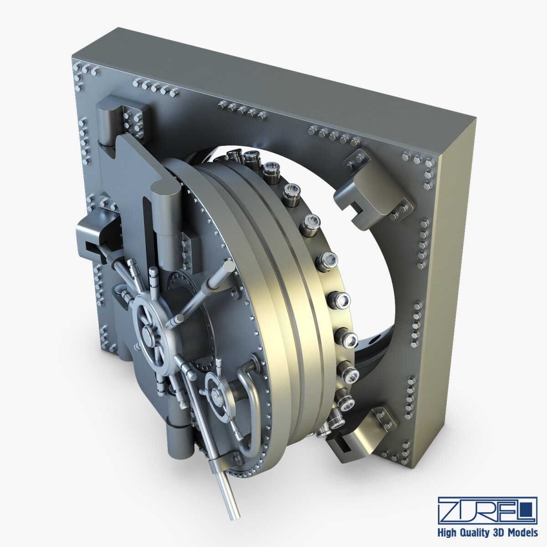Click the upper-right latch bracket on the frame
374,187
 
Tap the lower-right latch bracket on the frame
360,433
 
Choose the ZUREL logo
487,510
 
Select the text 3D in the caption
499,532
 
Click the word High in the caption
448,532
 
